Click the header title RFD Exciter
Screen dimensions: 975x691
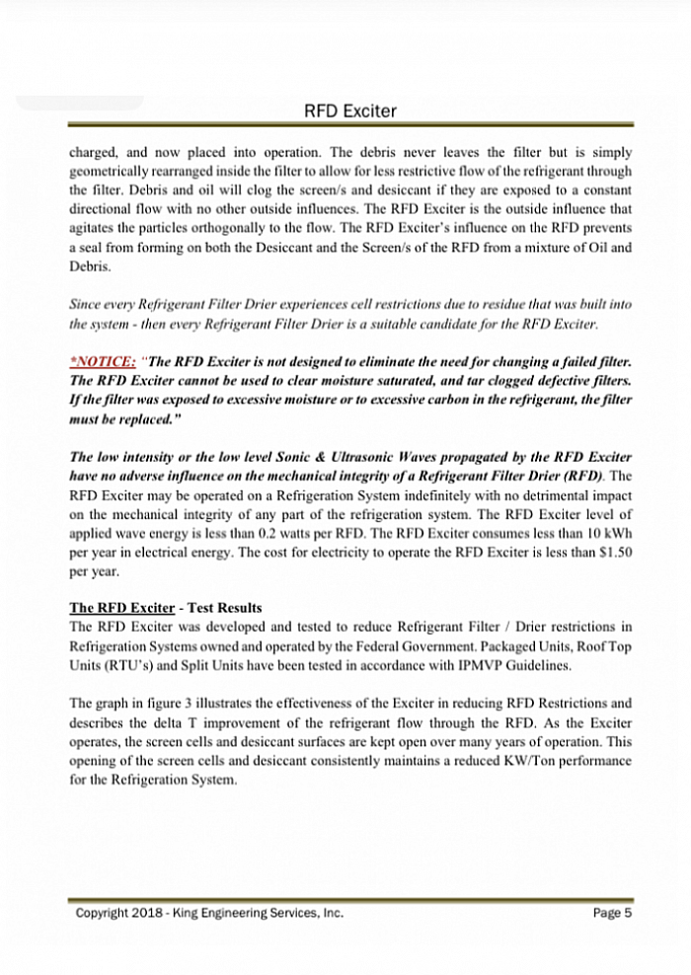pyautogui.click(x=350, y=112)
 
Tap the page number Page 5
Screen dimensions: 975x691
pyautogui.click(x=612, y=913)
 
